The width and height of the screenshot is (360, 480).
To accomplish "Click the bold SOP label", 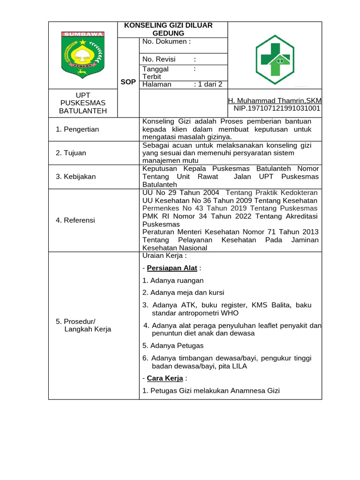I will coord(128,82).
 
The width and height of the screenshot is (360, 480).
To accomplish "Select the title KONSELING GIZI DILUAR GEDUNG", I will coord(168,29).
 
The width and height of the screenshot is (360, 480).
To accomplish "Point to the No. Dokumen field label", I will coord(166,41).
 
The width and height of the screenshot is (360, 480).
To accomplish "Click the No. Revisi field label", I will coord(159,59).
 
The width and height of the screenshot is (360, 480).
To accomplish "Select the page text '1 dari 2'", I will coord(210,84).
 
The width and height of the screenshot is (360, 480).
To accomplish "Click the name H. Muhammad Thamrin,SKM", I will coord(275,101).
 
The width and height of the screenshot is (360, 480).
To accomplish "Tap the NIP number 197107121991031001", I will coord(277,108).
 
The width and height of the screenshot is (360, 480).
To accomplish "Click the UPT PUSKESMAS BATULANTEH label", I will coord(82,103).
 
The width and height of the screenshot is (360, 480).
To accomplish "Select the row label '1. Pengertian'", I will coord(77,129).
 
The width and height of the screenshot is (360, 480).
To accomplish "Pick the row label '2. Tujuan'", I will coord(71,153).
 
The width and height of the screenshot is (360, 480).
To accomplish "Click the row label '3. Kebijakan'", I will coord(75,177).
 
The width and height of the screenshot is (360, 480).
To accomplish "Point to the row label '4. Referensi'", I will coord(75,220).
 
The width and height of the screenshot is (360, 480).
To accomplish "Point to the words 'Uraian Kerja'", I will coord(165,256).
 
